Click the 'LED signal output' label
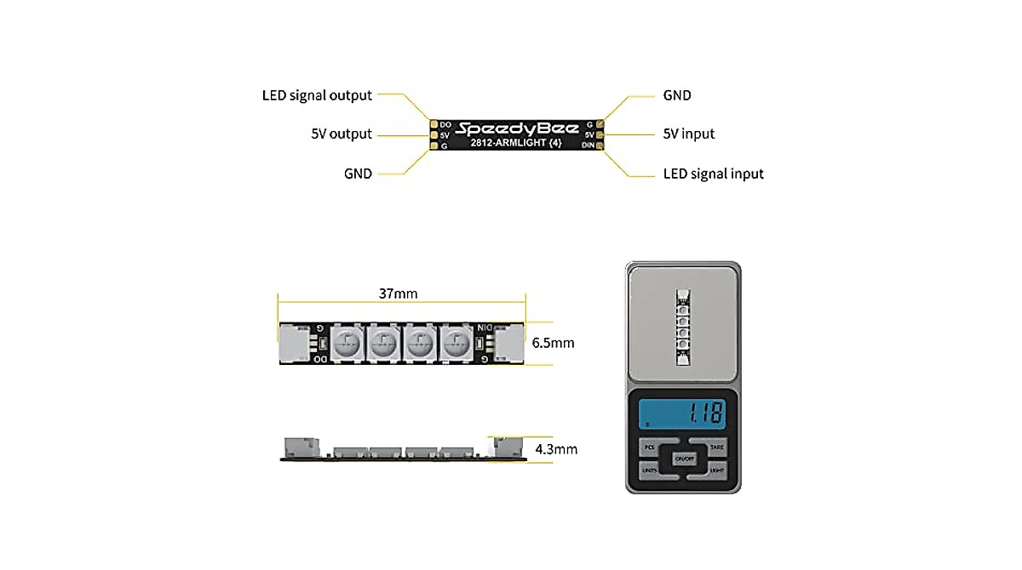click(x=317, y=95)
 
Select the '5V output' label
click(x=342, y=134)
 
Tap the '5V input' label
click(x=688, y=134)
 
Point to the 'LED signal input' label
click(x=713, y=174)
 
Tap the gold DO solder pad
click(x=434, y=125)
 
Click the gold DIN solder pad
click(x=600, y=145)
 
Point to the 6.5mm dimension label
click(x=553, y=344)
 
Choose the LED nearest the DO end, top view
click(x=346, y=344)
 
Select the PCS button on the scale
click(x=650, y=447)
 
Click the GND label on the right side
click(x=677, y=95)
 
